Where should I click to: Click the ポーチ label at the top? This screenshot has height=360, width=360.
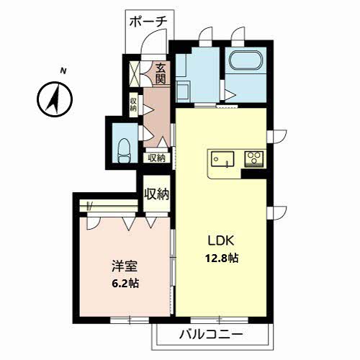pyautogui.click(x=148, y=22)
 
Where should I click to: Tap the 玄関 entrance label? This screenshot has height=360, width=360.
pyautogui.click(x=161, y=74)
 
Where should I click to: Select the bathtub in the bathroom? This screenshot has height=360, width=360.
pyautogui.click(x=246, y=61)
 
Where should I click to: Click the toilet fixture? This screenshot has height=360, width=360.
pyautogui.click(x=125, y=150)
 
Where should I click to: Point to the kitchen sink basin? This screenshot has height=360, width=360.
pyautogui.click(x=222, y=158)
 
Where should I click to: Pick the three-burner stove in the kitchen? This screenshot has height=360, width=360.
pyautogui.click(x=254, y=159)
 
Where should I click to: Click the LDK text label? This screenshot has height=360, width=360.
pyautogui.click(x=220, y=241)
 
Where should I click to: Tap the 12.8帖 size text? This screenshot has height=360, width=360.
pyautogui.click(x=221, y=258)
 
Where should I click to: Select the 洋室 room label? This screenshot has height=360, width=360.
pyautogui.click(x=125, y=266)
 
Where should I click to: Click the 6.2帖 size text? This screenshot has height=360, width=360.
pyautogui.click(x=125, y=284)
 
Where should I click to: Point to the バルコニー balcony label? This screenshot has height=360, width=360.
pyautogui.click(x=212, y=334)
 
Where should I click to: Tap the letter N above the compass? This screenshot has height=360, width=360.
pyautogui.click(x=63, y=71)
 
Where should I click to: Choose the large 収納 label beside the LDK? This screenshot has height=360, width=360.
pyautogui.click(x=157, y=194)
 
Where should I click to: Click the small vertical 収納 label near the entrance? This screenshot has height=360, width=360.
pyautogui.click(x=133, y=104)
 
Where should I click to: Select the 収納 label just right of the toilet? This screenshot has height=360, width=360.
pyautogui.click(x=157, y=158)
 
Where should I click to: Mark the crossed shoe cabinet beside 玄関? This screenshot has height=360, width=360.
pyautogui.click(x=135, y=74)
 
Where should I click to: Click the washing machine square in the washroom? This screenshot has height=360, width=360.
pyautogui.click(x=183, y=91)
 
